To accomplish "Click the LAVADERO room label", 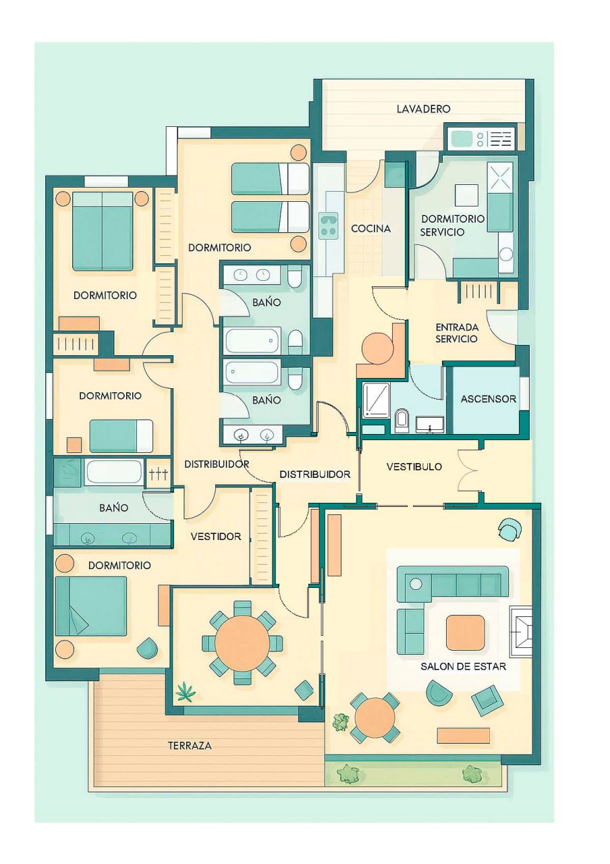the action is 423,109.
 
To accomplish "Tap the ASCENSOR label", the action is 488,398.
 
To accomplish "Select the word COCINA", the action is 370,228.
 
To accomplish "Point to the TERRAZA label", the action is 190,746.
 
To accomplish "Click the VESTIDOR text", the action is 215,536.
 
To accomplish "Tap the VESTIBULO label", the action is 414,466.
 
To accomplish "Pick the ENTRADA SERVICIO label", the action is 457,333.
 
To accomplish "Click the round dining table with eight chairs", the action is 242,643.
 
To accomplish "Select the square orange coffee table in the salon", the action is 466,632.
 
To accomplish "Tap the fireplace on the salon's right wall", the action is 521,631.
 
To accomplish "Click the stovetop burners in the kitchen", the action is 328,225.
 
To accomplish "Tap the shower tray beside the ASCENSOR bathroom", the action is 376,400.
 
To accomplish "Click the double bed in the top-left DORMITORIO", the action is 102,231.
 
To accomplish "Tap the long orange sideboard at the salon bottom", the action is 464,735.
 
